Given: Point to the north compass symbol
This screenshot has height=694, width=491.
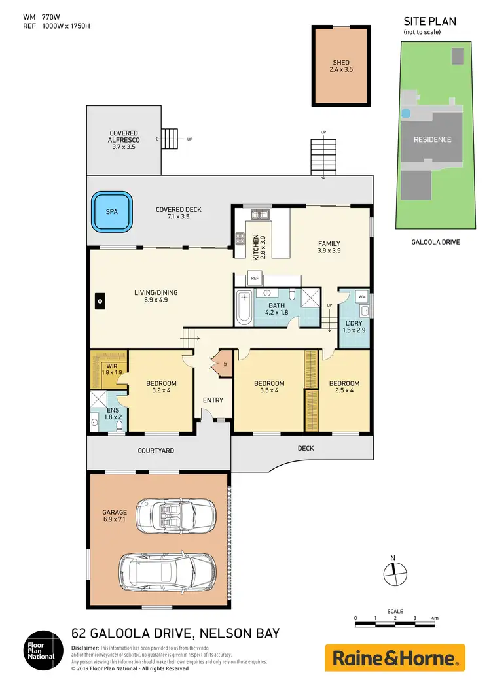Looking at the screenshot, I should coord(393,573).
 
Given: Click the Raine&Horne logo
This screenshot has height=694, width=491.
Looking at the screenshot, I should coord(395,657).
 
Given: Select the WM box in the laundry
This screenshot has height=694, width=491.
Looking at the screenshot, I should coord(361,297).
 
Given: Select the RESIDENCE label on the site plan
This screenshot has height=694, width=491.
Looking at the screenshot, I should coord(432,139).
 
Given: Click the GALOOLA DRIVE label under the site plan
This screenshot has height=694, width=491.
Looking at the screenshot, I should coord(431,242).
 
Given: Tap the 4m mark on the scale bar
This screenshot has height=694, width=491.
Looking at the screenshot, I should coord(434,618).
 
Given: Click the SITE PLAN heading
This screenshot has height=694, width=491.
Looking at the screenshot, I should coord(429,21).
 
